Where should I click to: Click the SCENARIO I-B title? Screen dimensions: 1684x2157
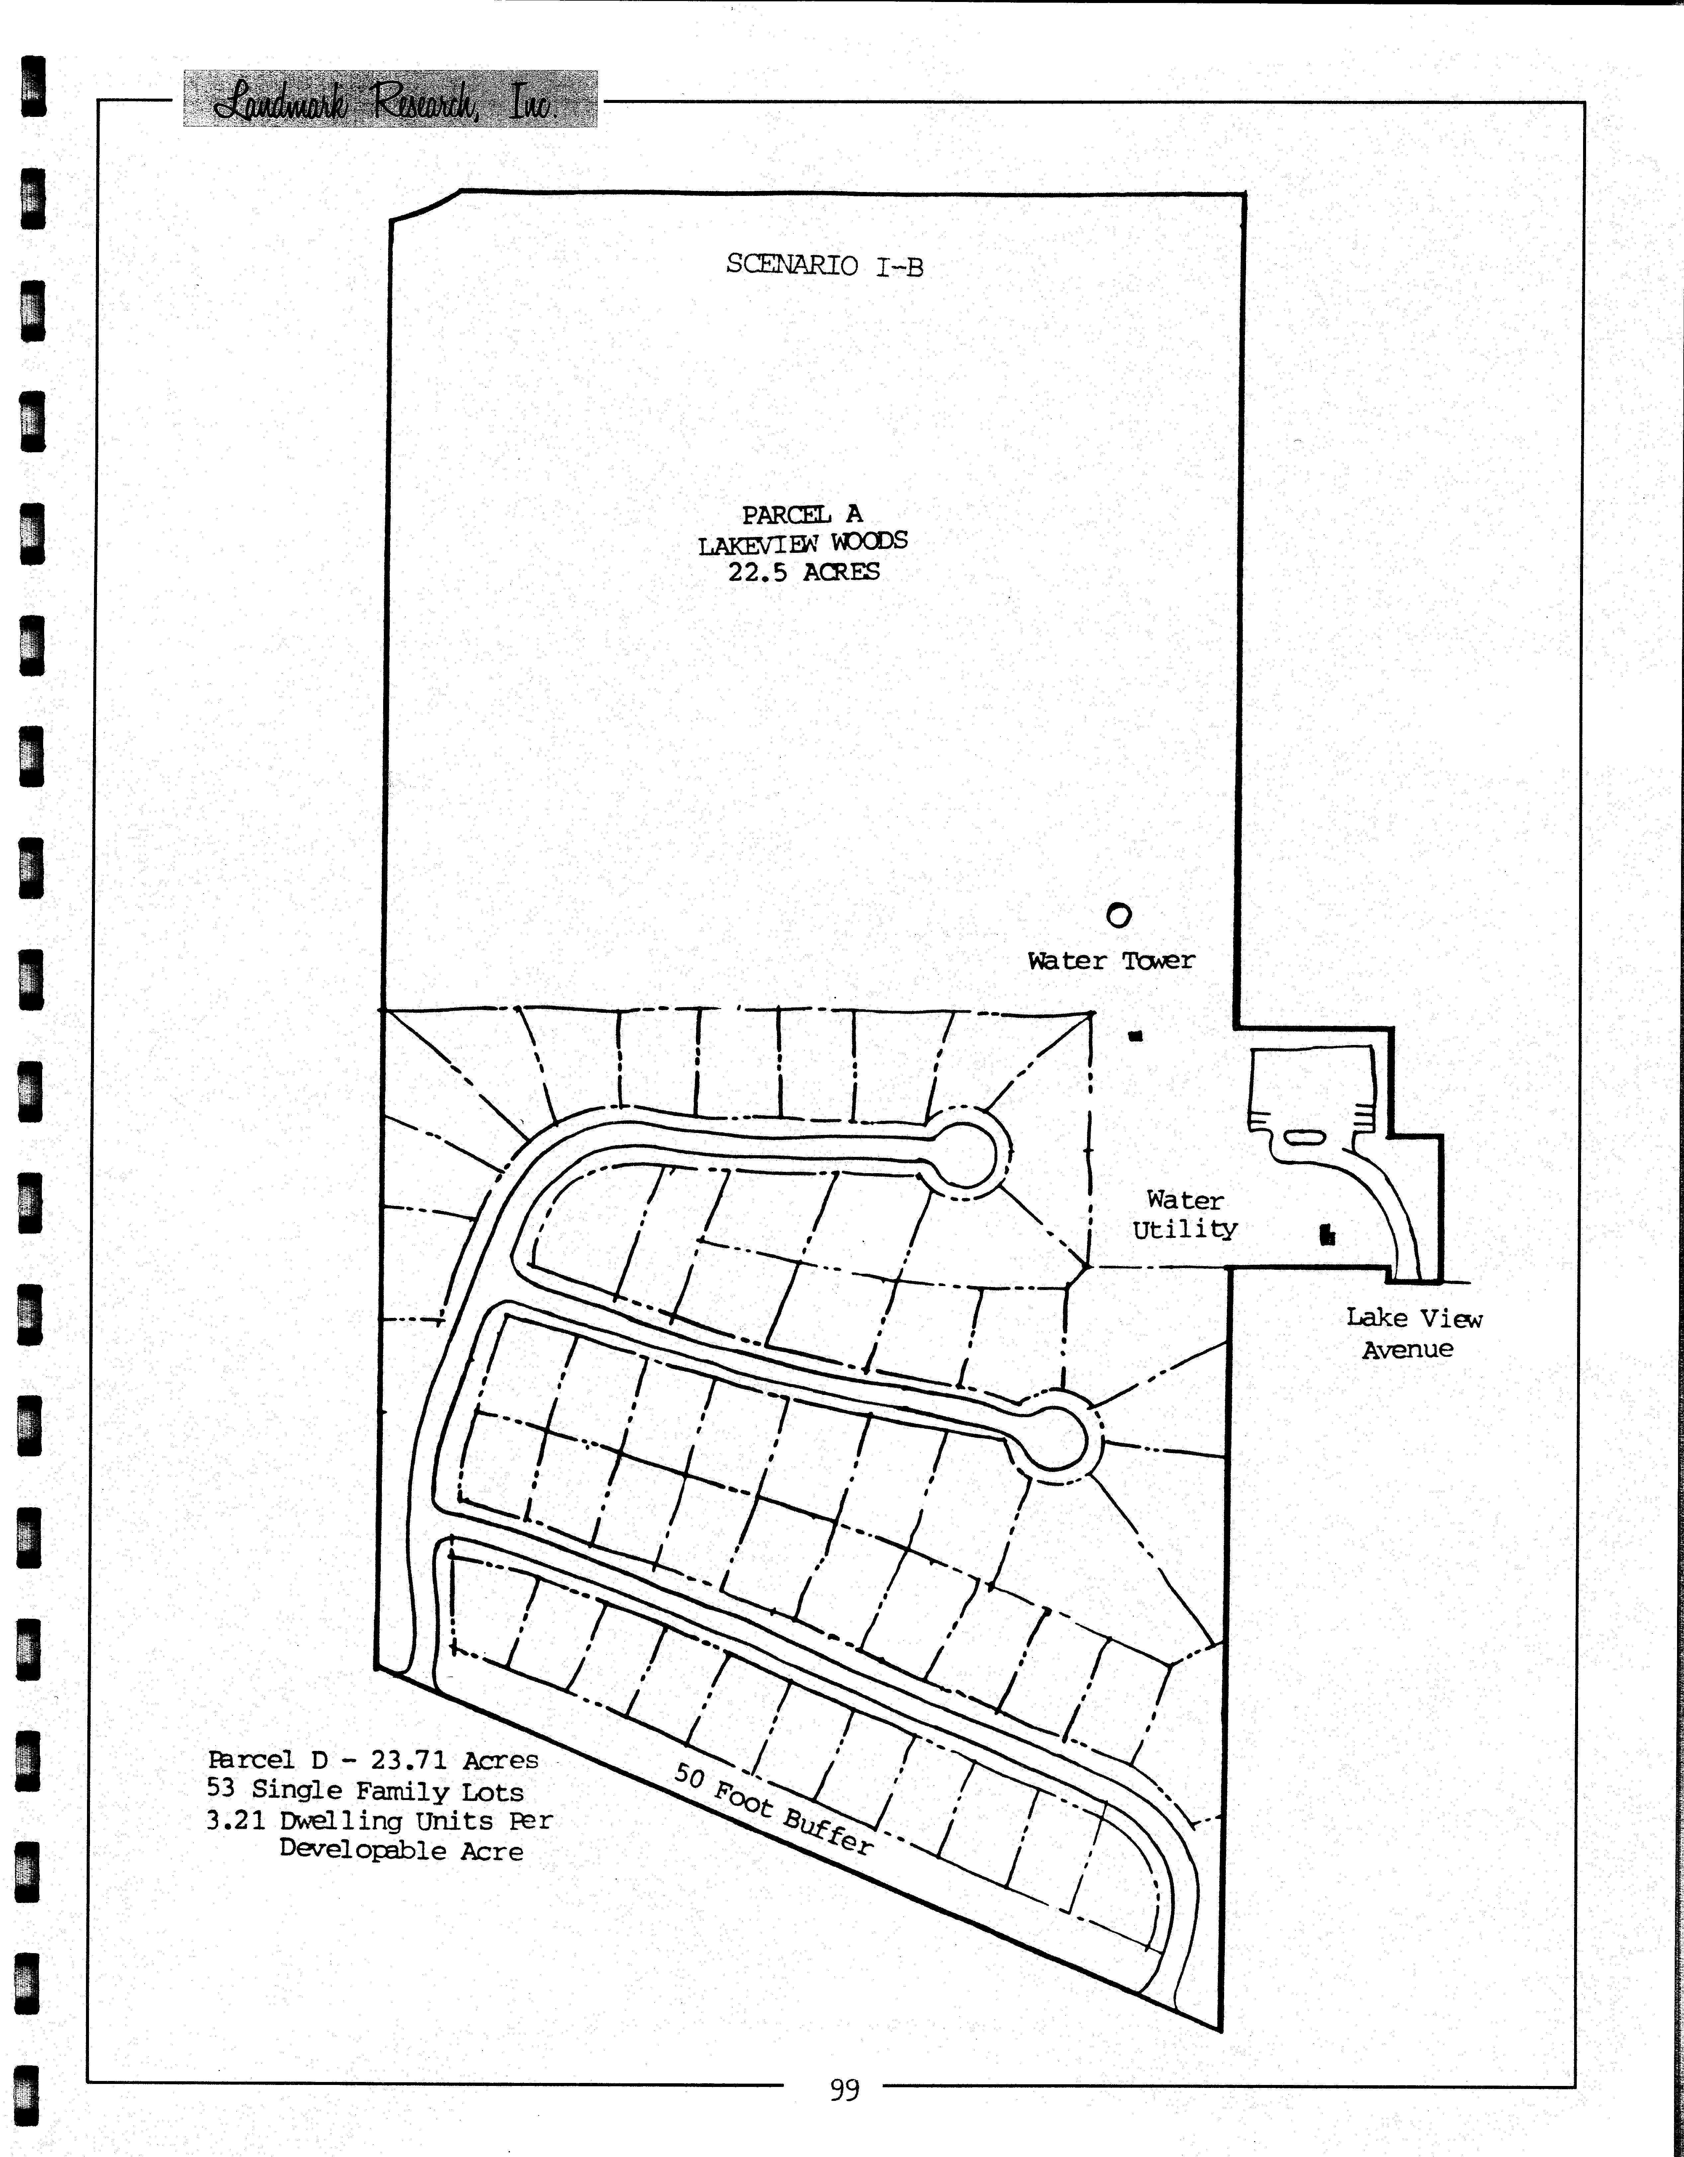point(825,265)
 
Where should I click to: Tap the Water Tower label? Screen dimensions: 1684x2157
point(1111,960)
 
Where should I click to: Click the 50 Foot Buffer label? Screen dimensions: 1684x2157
point(773,1807)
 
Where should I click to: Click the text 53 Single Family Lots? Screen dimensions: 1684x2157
point(365,1790)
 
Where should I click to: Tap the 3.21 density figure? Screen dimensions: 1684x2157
point(236,1820)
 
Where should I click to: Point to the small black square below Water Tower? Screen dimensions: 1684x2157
point(1136,1036)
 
